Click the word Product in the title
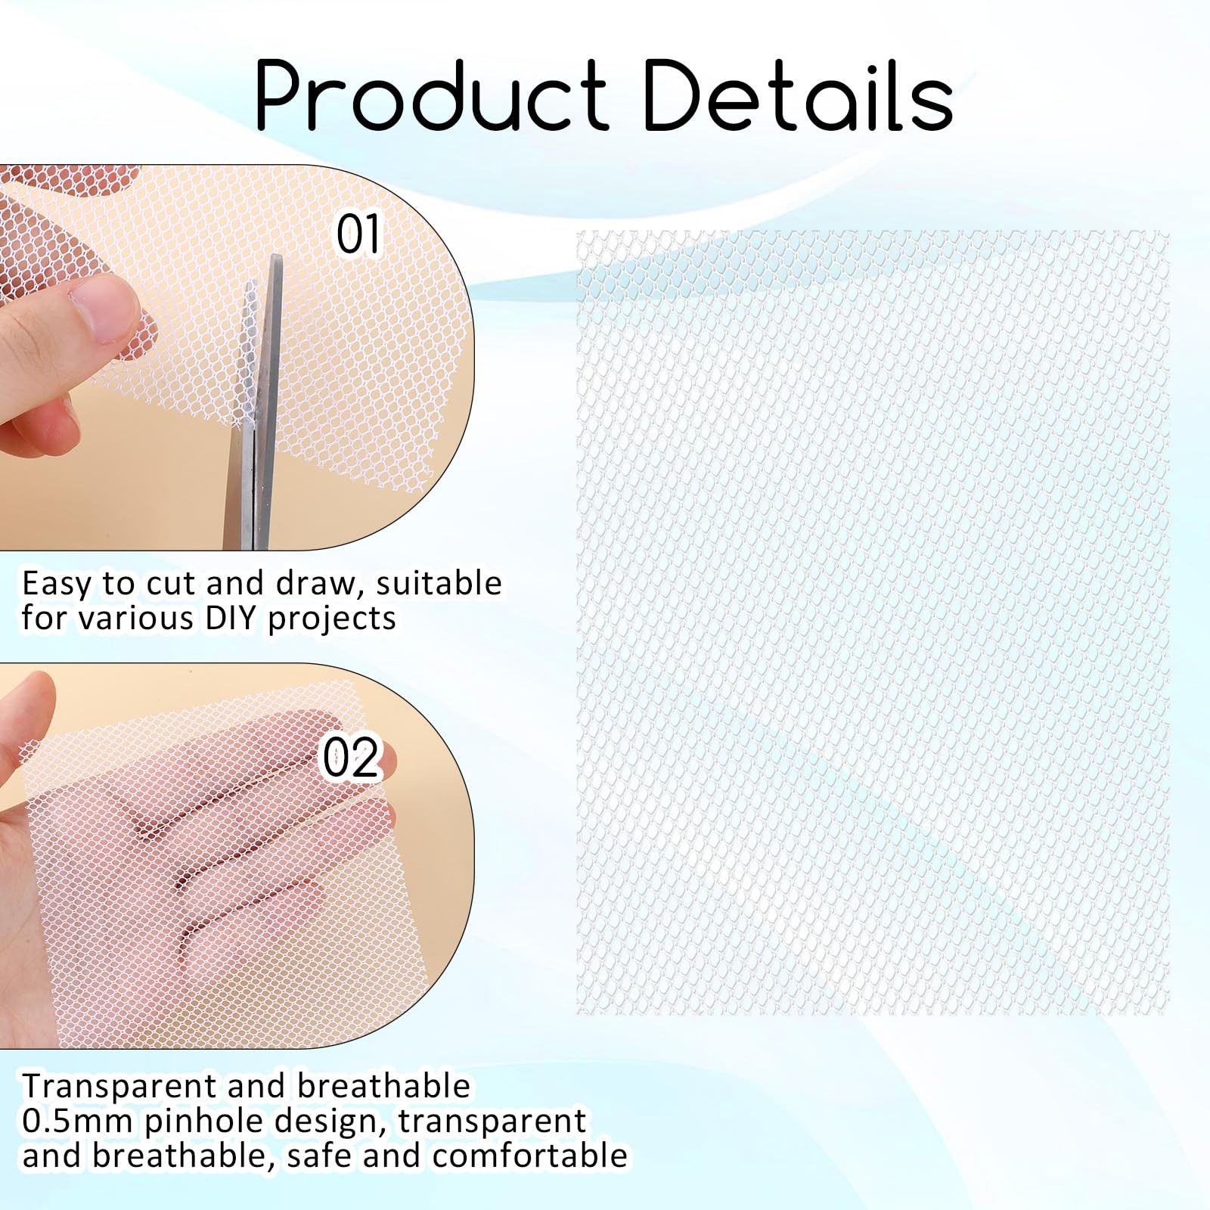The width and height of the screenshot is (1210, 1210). [x=432, y=96]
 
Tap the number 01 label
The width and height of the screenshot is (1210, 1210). [x=358, y=234]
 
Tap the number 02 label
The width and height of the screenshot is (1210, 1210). [x=349, y=758]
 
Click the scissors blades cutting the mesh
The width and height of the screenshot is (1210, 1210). [x=256, y=401]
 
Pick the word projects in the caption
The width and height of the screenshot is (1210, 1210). [x=332, y=619]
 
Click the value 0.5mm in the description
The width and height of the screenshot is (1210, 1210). [x=78, y=1122]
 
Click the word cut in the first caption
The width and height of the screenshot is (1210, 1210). [x=172, y=585]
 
